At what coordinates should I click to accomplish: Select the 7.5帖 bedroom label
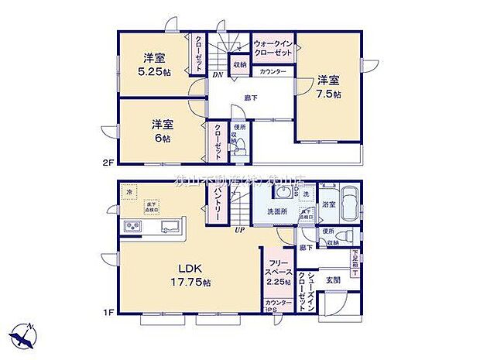click(x=327, y=86)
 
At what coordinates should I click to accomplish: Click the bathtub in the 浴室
click(x=348, y=205)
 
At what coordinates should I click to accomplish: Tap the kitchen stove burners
click(x=131, y=226)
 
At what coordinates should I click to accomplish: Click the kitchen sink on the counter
click(x=171, y=226)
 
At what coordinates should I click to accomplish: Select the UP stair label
click(x=241, y=230)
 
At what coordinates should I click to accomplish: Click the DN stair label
click(x=218, y=76)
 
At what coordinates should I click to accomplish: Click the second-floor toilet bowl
click(x=240, y=144)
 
